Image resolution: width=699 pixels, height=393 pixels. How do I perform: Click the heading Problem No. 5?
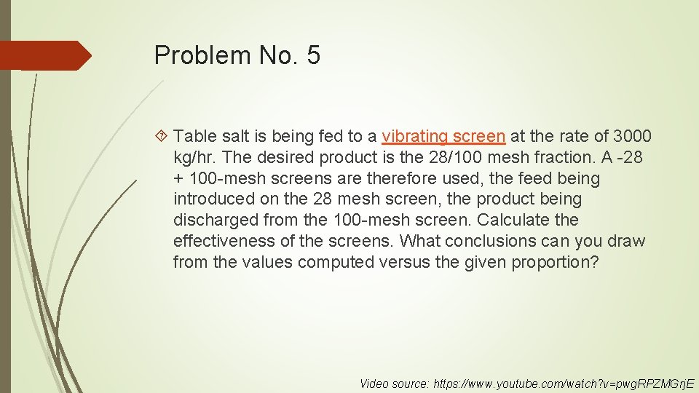237,55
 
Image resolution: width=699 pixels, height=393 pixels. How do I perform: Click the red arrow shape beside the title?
45,55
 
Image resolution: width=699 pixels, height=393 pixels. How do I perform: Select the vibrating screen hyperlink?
443,136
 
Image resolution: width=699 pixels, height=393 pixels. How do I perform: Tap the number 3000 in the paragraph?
632,136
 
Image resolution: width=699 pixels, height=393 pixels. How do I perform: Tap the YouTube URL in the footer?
564,383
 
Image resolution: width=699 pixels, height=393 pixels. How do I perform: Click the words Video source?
393,383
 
